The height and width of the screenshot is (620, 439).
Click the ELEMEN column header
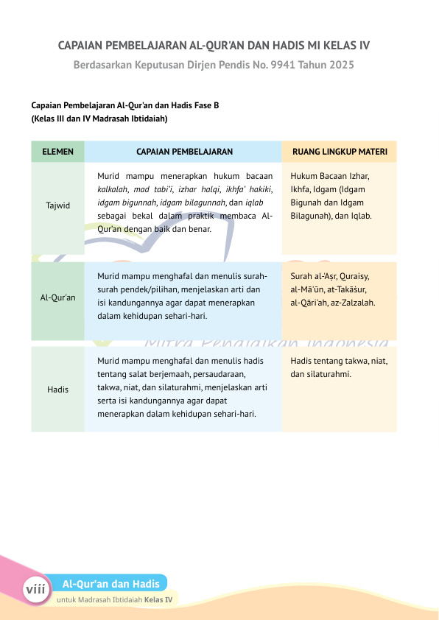[57, 152]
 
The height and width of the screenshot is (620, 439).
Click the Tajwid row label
[57, 205]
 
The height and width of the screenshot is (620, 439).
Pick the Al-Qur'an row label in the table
[57, 297]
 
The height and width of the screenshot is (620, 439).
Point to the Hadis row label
[57, 388]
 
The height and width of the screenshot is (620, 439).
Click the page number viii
[35, 590]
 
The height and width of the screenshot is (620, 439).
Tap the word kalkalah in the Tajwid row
[113, 189]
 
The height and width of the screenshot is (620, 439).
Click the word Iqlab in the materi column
[360, 216]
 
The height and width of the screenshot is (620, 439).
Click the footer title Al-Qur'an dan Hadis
[111, 584]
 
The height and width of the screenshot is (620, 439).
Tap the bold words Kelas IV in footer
[158, 600]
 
